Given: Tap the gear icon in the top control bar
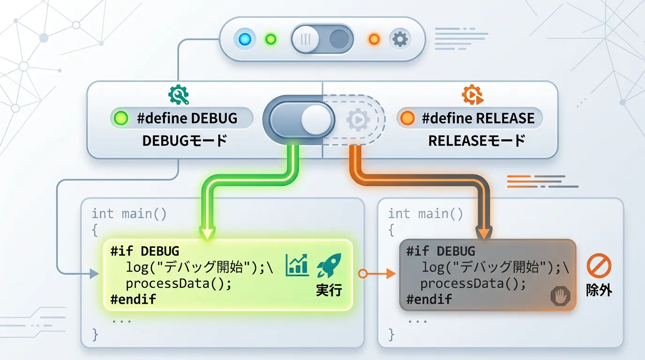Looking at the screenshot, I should (399, 39).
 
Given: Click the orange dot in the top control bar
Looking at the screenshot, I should (374, 39).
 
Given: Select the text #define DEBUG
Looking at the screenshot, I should (187, 118).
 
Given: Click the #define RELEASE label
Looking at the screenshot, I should (478, 118).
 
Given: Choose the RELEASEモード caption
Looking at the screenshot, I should (477, 140).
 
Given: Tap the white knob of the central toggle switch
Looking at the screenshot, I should (316, 120).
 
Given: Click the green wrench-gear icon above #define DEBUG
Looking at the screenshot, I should (179, 94).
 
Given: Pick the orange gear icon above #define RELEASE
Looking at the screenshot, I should (472, 94).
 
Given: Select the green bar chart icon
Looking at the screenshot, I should (299, 265).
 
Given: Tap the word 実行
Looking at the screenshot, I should (329, 290).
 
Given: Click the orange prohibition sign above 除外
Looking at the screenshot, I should (599, 266).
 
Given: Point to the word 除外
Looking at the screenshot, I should (599, 290).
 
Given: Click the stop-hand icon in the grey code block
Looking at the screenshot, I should (560, 297).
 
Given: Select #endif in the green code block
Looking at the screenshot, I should (133, 299).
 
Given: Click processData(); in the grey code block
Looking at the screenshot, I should (473, 283).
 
